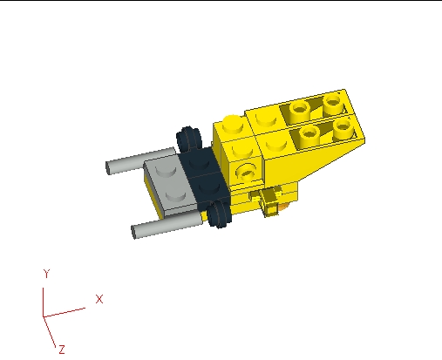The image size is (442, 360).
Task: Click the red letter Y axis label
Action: click(46, 274)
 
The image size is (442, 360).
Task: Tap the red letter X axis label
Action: click(99, 299)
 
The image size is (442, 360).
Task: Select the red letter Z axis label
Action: click(62, 349)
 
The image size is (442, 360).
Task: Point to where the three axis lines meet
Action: click(44, 316)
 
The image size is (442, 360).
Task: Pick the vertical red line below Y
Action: click(44, 296)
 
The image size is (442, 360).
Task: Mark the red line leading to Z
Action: click(51, 330)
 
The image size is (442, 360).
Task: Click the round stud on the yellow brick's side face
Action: click(248, 167)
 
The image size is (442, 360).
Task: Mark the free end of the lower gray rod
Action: click(136, 232)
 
